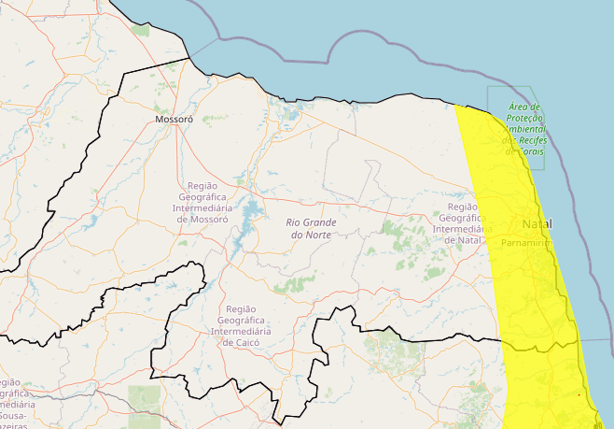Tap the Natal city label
(537, 224)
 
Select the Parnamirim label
(526, 242)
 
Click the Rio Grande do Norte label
(311, 228)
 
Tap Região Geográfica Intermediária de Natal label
(463, 223)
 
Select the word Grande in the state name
(319, 222)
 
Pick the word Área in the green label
(519, 107)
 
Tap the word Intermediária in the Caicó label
(240, 331)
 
